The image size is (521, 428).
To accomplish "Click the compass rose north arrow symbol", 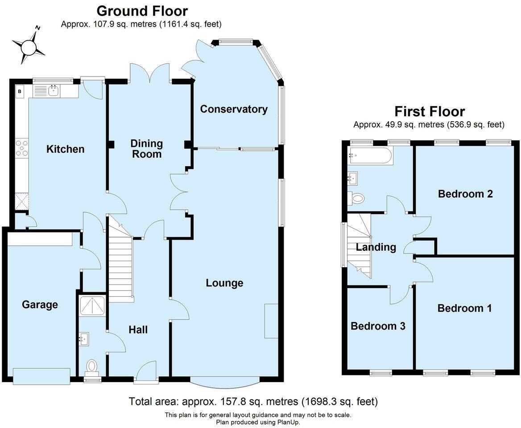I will click(29, 45).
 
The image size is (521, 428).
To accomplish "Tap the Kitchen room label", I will click(65, 149).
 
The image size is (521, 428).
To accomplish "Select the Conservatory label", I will click(233, 109).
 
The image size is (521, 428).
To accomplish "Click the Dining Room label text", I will click(146, 149).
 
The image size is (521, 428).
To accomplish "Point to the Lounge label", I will click(224, 283).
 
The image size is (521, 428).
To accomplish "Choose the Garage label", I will click(40, 305).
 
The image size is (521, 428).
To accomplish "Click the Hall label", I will click(138, 330).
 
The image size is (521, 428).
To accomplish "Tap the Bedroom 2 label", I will click(465, 194).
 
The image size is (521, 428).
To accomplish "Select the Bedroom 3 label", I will click(378, 326).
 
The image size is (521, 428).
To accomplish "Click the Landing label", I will click(376, 247).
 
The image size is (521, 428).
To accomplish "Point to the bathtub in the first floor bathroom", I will click(370, 156).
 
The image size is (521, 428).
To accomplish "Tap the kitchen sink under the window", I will click(54, 91).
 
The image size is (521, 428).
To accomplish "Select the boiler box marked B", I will click(20, 92).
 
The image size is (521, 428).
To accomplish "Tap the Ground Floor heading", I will click(142, 11).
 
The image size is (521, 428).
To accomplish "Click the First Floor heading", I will click(429, 111).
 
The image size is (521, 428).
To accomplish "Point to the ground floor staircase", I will click(120, 263).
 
